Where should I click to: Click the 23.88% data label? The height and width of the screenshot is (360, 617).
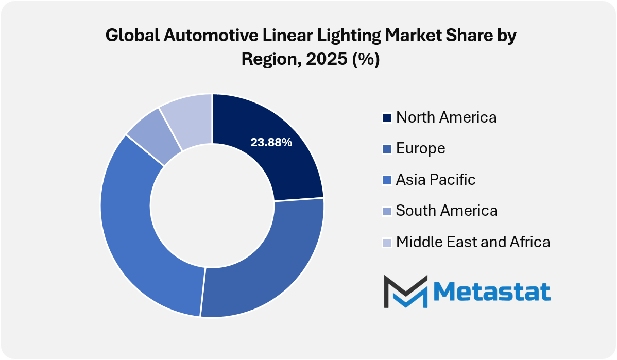click(271, 143)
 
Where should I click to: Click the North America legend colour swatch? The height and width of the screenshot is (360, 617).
click(387, 118)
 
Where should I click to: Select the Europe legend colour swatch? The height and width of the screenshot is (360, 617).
click(387, 149)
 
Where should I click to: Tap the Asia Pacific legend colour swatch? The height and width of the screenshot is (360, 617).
click(387, 180)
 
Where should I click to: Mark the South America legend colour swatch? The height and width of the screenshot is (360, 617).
click(387, 211)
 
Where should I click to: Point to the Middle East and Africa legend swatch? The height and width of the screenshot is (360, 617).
click(387, 243)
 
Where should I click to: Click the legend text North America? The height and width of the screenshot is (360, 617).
click(446, 117)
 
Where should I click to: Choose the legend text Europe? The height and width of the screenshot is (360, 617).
click(421, 149)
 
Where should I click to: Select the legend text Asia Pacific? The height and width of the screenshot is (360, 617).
click(436, 180)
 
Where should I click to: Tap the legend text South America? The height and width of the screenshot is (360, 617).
click(447, 211)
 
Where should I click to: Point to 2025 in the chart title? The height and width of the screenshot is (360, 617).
click(327, 59)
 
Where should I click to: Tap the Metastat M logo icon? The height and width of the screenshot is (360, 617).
click(406, 292)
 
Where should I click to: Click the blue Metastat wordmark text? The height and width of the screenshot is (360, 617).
click(492, 292)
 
